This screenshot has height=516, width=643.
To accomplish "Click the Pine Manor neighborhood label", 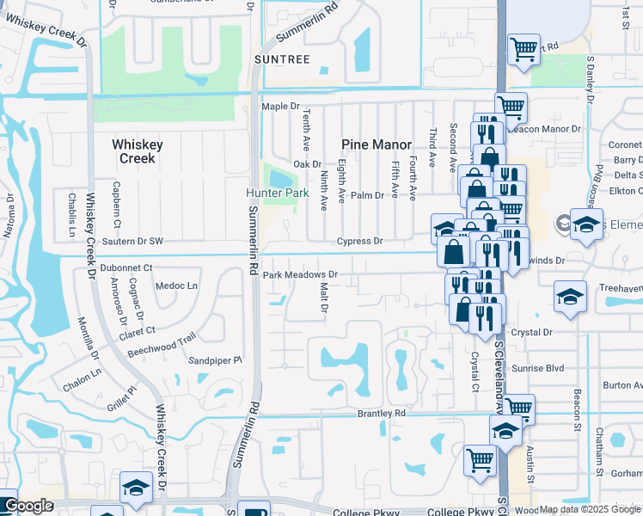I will point(377,144).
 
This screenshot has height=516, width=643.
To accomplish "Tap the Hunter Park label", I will point(277,193).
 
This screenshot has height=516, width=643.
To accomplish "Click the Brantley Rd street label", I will point(381,414).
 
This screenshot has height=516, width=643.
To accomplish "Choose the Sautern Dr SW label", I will point(132,243).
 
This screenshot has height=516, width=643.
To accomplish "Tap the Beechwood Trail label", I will point(162,345).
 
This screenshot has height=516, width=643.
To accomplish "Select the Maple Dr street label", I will point(279,107).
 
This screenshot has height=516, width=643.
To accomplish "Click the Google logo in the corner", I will point(28,507).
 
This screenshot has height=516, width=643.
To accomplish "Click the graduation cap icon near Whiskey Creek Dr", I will point(136,488).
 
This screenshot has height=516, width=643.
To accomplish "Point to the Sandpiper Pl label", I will point(216,361).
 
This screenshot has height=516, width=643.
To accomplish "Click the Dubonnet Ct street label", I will point(126,268).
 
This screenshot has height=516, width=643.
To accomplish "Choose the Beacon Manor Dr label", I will point(545,129).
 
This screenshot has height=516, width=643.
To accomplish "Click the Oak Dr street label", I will point(307,164).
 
